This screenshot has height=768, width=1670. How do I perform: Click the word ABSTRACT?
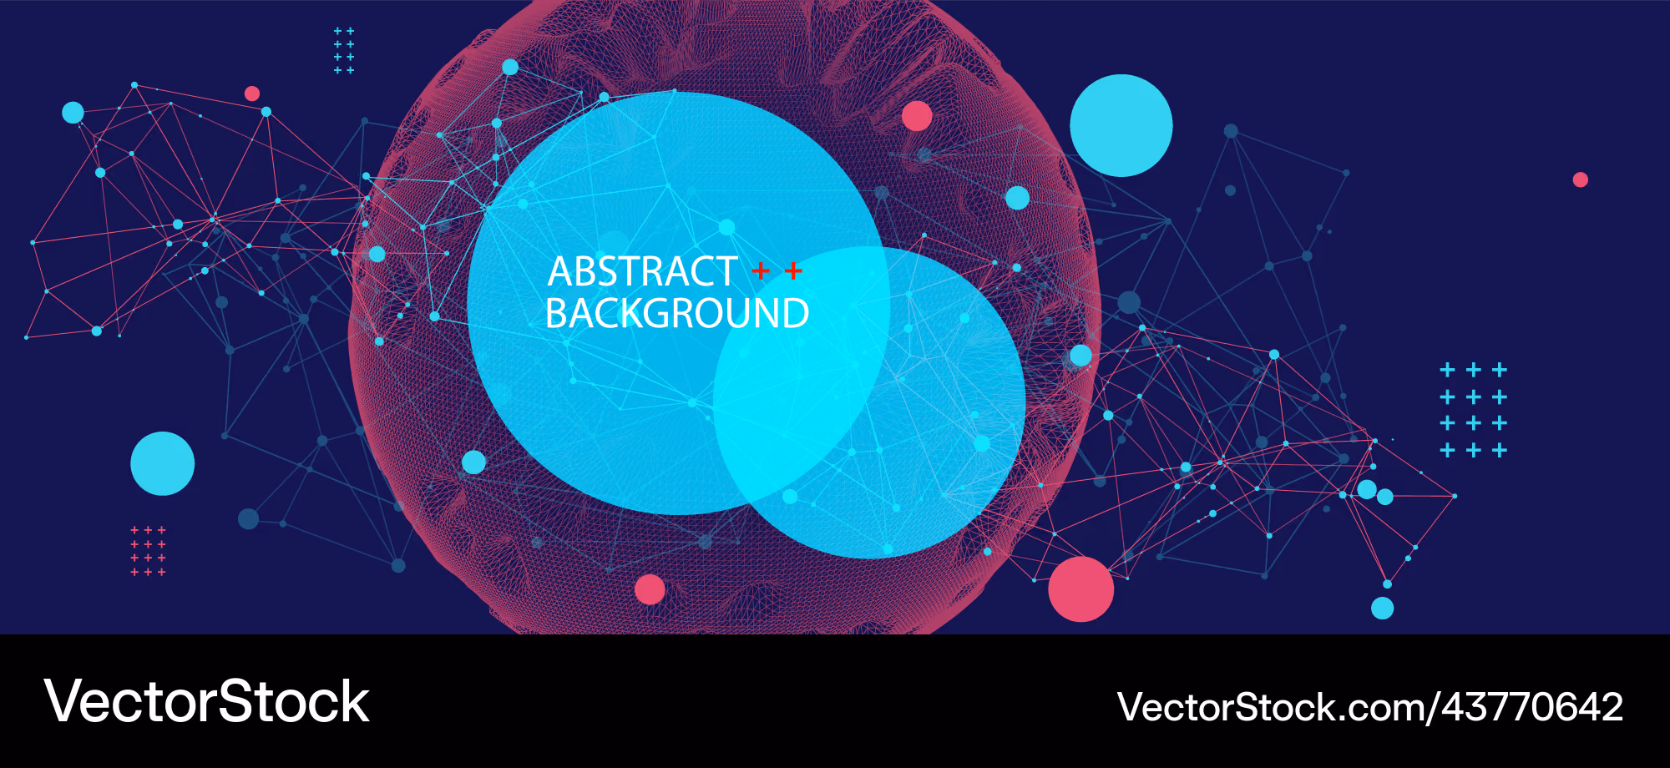tap(642, 272)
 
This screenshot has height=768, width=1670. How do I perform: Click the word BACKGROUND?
tap(677, 314)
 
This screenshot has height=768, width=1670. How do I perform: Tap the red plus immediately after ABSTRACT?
tap(761, 271)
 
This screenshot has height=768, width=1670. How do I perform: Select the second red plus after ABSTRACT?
tap(793, 271)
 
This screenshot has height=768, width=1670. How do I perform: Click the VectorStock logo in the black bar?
tap(206, 701)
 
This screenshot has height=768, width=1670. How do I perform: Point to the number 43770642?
tap(1532, 707)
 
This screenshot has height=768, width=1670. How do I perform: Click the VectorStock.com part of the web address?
tap(1273, 707)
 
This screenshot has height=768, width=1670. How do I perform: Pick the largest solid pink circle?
tap(1080, 589)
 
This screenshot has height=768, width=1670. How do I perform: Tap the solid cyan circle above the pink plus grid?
tap(163, 463)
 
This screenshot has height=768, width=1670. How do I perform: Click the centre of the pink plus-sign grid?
tap(148, 551)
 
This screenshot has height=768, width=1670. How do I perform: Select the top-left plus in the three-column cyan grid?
tap(1448, 370)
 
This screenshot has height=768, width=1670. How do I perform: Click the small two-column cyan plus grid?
tap(344, 51)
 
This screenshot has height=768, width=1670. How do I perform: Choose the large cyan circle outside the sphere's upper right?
tap(1121, 125)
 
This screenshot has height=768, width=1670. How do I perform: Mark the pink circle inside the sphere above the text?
tap(917, 116)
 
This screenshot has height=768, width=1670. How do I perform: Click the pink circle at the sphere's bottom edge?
tap(650, 589)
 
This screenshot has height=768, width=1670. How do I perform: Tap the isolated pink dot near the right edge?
tap(1580, 179)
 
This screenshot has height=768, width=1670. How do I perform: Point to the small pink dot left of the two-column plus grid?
tap(252, 93)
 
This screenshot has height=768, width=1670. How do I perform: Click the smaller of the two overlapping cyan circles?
tap(869, 402)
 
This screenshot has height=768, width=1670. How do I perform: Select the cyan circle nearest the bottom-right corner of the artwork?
tap(1383, 608)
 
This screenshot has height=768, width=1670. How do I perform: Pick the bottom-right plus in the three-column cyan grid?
tap(1500, 451)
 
